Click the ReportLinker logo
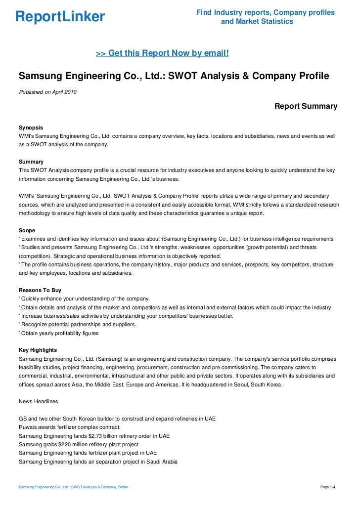coord(60,17)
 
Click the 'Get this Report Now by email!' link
coord(162,52)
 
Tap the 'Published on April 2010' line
coord(47,92)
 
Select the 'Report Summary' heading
coord(306,106)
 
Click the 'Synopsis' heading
coord(31,127)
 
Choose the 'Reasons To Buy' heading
coord(40,290)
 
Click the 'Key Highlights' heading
coord(38,350)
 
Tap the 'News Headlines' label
coord(38,401)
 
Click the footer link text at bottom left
coord(73,487)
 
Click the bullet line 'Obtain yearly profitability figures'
coord(59,333)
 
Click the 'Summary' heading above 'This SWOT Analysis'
coord(31,162)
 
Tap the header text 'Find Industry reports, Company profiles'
coord(265,12)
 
